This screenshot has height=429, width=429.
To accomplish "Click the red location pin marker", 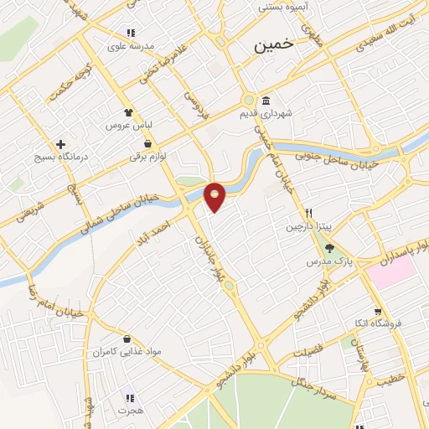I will (215, 195).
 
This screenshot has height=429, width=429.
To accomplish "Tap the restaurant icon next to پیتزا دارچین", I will (309, 213).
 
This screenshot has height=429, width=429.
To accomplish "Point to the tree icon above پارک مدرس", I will (329, 248).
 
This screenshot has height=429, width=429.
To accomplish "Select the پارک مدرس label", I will (326, 262).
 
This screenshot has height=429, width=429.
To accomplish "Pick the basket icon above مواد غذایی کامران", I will (126, 339).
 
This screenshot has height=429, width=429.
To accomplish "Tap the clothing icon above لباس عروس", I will (127, 111).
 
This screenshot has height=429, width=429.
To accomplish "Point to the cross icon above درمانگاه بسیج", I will (61, 144).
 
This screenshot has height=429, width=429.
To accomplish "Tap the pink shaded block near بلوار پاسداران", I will (390, 272).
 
